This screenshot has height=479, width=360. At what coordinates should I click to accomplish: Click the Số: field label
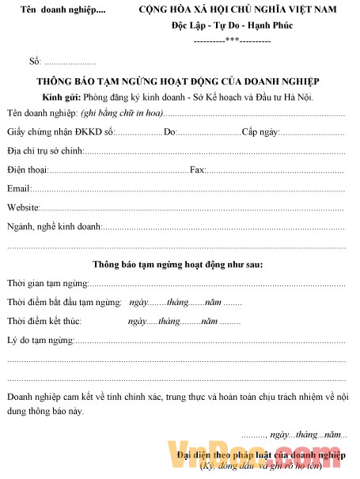tap(34, 61)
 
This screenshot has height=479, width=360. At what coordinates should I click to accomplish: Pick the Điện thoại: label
tap(28, 169)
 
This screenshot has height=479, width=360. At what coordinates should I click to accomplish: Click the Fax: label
tap(198, 169)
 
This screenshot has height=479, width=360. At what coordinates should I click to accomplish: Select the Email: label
tap(19, 188)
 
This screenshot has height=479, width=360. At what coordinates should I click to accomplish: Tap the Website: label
tap(24, 207)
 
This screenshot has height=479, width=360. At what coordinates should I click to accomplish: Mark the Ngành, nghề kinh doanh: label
tap(54, 227)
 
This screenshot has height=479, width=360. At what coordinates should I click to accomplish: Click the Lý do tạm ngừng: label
tap(40, 340)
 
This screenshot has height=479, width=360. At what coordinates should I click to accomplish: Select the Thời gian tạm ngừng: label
tap(47, 283)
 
